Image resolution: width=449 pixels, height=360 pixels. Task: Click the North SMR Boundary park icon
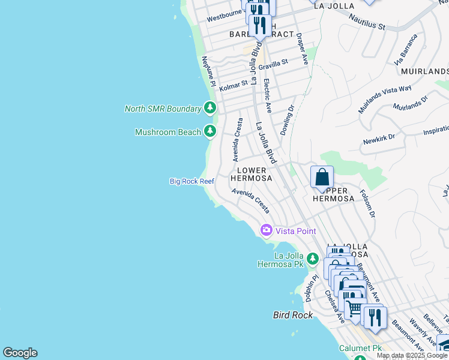click(x=209, y=108)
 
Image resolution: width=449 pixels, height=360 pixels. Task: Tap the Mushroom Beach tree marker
click(x=209, y=131)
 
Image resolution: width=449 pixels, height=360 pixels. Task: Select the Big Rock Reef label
click(x=191, y=181)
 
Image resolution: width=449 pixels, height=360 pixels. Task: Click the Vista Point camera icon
click(x=266, y=230)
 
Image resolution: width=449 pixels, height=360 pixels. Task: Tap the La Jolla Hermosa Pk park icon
click(x=312, y=259)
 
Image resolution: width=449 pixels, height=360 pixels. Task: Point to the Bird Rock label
click(x=293, y=314)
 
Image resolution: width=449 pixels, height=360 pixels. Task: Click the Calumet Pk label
click(x=360, y=348)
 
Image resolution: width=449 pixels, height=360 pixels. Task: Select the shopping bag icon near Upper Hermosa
click(x=322, y=177)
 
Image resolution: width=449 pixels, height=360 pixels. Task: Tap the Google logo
click(x=20, y=353)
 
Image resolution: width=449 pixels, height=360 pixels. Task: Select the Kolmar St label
click(x=234, y=85)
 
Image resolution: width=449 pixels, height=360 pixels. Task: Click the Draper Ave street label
click(x=302, y=49)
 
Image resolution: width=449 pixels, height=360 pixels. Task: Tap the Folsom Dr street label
click(x=367, y=204)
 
